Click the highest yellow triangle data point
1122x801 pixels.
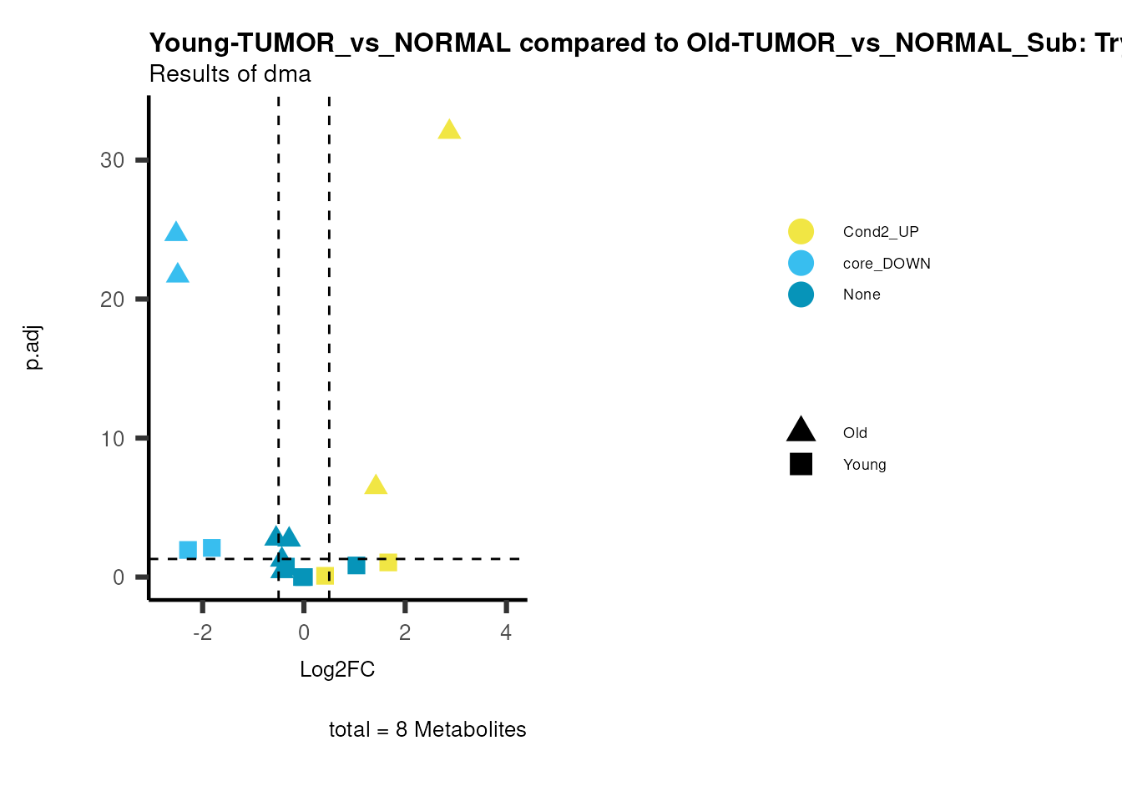[x=449, y=130]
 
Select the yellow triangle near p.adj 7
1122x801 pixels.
[x=376, y=485]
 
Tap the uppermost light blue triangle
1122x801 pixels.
[x=176, y=233]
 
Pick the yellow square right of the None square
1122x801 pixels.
[x=388, y=562]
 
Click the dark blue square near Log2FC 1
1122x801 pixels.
[x=356, y=566]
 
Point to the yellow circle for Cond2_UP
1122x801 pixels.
[x=801, y=232]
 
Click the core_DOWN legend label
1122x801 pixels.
[x=887, y=264]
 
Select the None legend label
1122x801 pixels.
[x=862, y=295]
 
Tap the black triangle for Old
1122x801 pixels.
[x=801, y=431]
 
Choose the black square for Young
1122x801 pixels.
[x=801, y=465]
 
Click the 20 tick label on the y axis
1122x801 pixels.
[x=112, y=300]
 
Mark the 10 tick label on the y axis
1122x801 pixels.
[x=112, y=439]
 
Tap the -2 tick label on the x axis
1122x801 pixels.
[x=202, y=632]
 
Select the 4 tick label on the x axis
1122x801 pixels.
[x=506, y=632]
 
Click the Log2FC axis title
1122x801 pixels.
[x=337, y=669]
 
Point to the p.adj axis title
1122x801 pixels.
[x=33, y=348]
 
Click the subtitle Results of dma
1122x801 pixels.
[x=230, y=74]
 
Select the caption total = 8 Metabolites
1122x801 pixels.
[x=427, y=729]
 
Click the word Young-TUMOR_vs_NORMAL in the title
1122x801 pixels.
[x=330, y=43]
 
